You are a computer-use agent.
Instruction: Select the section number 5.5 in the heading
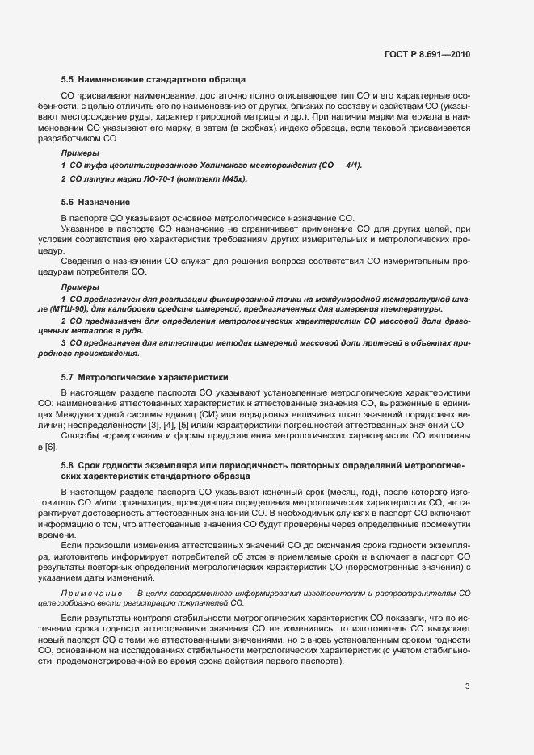(68, 80)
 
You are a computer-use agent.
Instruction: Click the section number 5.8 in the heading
(68, 465)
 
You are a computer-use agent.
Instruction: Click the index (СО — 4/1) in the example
(331, 165)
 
